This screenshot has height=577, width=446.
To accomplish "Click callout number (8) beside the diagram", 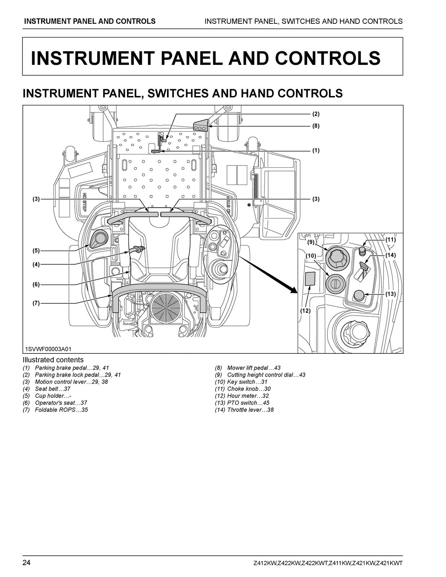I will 316,126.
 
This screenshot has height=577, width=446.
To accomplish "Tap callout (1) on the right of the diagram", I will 316,150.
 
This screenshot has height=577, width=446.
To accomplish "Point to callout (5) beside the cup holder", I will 36,250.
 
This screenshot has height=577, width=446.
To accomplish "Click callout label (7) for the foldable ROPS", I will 36,303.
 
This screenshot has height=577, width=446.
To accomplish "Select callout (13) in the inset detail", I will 390,294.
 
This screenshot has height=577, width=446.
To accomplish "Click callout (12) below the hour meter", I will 305,310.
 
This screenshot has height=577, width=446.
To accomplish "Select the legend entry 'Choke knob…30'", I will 249,389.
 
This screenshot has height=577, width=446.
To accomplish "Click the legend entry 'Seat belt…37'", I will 52,389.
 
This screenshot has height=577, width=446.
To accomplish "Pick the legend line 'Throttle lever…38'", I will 250,410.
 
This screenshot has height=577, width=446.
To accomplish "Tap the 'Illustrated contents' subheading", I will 53,360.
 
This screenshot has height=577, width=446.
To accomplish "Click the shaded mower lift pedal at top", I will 201,125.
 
